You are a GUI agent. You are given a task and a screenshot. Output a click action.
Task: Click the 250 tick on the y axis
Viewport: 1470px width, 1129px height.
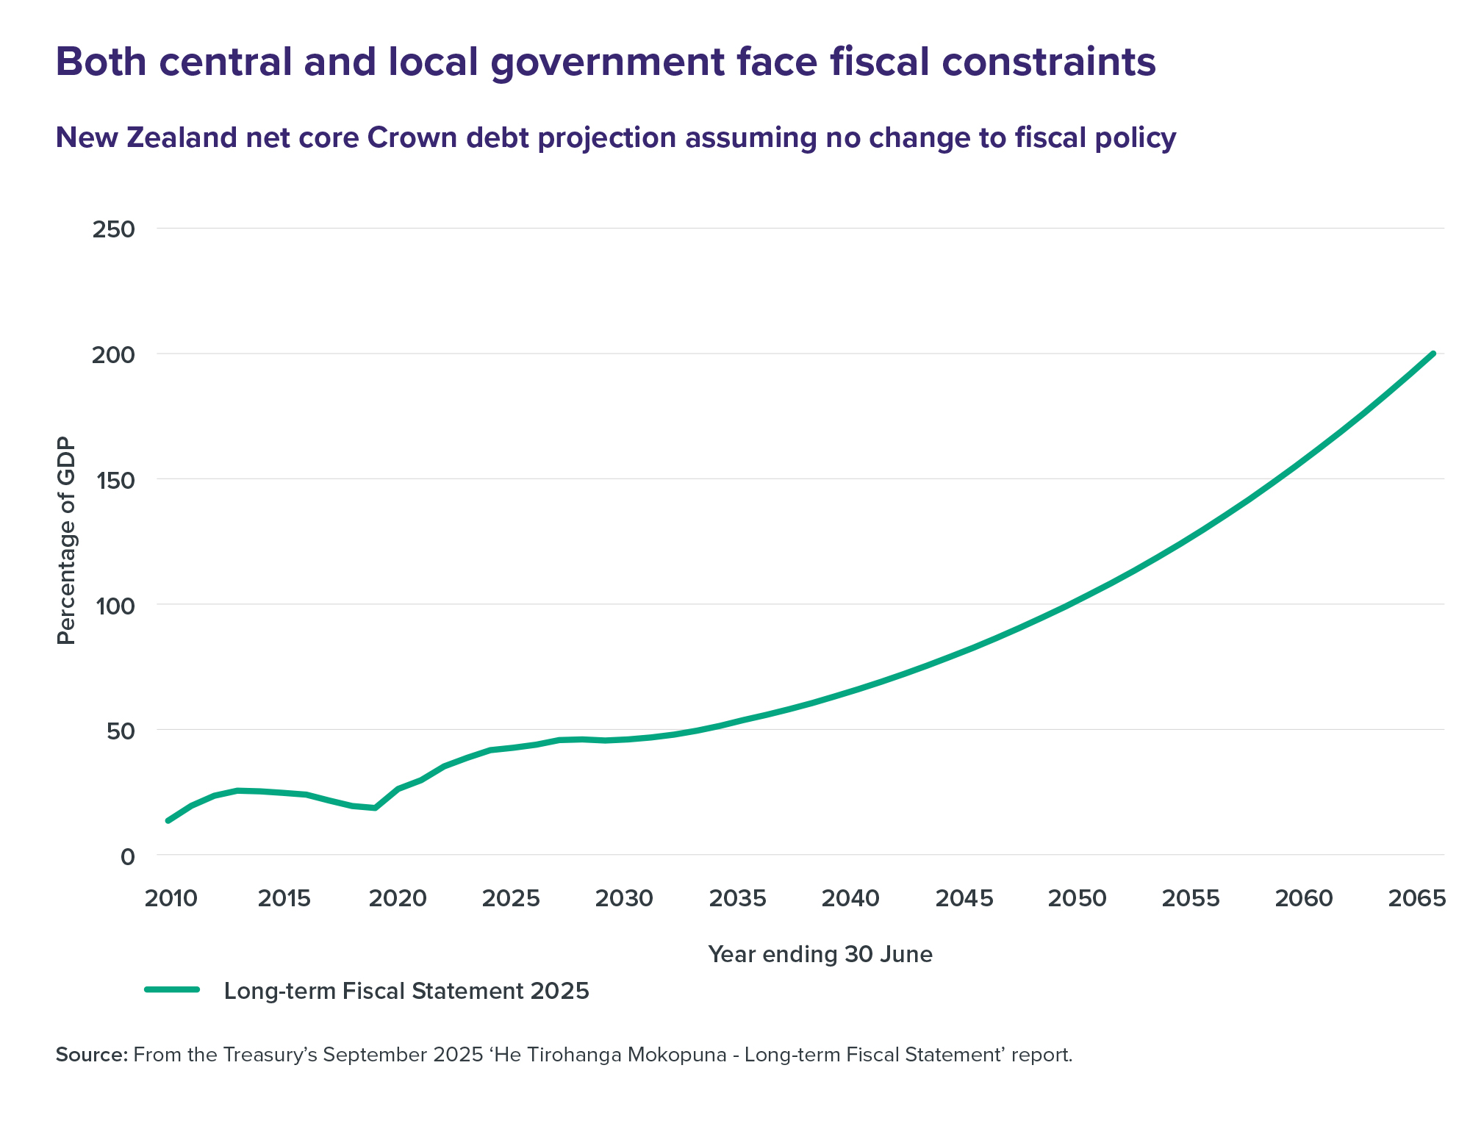114,229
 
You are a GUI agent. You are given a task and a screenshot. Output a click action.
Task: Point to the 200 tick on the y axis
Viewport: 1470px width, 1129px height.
114,355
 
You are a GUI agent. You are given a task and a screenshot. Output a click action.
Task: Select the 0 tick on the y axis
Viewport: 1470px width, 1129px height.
128,856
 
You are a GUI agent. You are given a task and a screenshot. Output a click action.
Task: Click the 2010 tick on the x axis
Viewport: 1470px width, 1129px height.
171,898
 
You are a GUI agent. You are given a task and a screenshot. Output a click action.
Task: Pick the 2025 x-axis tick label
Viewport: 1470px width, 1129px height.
512,898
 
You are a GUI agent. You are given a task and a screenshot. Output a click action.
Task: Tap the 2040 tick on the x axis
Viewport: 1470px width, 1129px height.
851,898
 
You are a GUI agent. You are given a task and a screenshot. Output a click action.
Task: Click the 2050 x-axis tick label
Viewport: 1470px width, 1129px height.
1078,898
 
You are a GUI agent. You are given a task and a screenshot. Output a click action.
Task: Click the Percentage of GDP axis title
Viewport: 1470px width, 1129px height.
67,541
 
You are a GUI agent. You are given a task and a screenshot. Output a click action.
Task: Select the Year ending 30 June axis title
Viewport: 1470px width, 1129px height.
820,954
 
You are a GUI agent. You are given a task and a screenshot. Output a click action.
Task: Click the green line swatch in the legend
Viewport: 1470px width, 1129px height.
173,989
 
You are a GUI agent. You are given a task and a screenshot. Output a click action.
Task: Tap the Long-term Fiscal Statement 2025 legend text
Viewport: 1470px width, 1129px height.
406,991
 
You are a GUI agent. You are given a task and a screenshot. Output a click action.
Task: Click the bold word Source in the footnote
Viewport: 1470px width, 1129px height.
91,1055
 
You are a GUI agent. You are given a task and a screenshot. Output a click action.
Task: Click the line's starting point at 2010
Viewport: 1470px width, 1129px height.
168,820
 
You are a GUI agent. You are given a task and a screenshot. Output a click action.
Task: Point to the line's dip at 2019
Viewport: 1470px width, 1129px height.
375,808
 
